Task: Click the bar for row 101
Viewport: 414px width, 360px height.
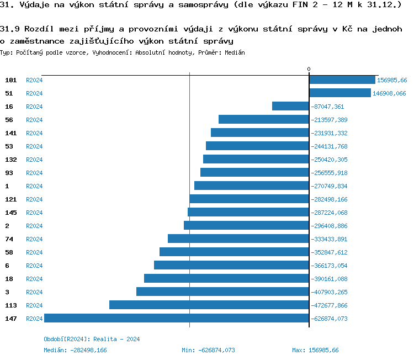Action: point(342,80)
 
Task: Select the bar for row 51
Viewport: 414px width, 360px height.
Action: point(340,93)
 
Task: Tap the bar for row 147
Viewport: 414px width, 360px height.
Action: point(177,318)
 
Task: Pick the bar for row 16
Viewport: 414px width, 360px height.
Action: point(290,106)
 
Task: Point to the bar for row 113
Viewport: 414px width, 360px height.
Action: point(209,305)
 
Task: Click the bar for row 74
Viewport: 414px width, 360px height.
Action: point(238,239)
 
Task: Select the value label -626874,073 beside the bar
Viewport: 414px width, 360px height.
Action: point(329,319)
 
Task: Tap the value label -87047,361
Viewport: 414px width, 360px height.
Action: point(327,107)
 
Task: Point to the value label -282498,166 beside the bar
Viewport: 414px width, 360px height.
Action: point(329,199)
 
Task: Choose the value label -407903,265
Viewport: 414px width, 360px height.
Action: point(329,292)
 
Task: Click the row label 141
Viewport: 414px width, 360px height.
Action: point(10,133)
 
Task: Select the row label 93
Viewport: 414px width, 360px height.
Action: point(9,173)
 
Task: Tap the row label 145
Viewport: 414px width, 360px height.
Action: point(10,213)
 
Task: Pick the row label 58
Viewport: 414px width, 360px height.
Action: point(9,252)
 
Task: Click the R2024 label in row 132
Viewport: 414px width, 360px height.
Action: point(34,160)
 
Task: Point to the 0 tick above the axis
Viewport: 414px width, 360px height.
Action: point(309,69)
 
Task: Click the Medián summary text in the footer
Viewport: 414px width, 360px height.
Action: point(75,350)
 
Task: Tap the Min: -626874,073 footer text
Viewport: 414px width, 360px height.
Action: point(208,350)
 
